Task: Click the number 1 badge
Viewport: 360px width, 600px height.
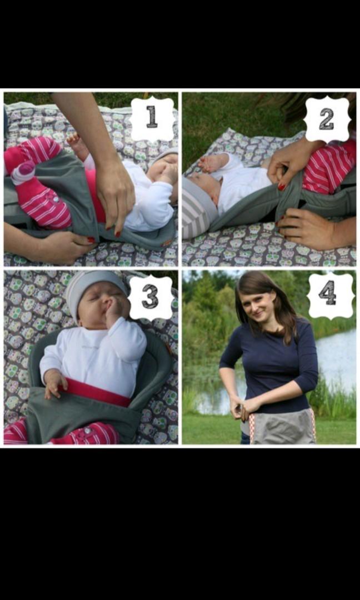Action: [152, 118]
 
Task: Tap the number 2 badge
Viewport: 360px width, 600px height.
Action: [327, 118]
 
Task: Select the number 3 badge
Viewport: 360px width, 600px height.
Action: [151, 297]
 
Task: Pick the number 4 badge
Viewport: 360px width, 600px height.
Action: [330, 294]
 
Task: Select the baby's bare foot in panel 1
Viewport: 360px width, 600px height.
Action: [77, 145]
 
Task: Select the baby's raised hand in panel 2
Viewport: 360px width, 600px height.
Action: [213, 163]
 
